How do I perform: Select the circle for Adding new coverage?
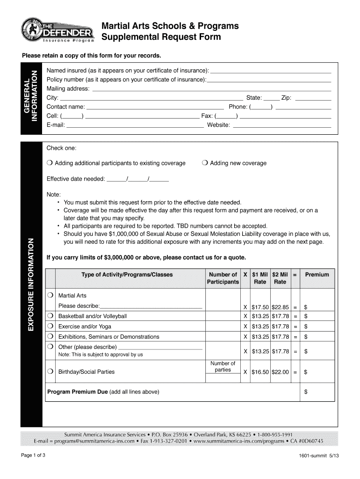point(205,163)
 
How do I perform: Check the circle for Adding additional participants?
point(50,163)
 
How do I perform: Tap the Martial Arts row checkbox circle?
point(50,296)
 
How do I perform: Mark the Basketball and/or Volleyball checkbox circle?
point(50,316)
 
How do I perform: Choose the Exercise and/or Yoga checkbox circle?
point(50,327)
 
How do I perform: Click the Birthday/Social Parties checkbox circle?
point(50,372)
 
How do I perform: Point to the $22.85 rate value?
point(280,307)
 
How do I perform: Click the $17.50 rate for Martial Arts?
point(260,307)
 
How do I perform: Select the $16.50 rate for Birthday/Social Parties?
point(260,372)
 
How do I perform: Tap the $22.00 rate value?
point(280,372)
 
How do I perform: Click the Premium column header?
point(317,275)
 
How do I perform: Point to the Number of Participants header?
point(223,278)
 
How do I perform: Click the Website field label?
point(218,125)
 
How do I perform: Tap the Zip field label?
point(286,98)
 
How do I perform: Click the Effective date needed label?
point(76,179)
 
